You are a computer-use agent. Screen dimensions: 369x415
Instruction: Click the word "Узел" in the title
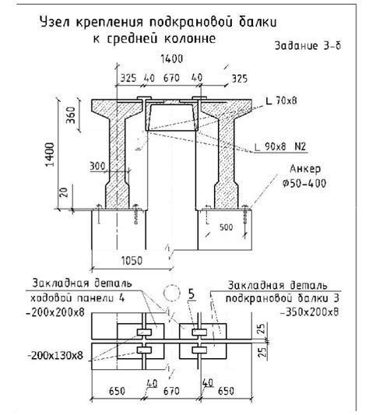[54, 22]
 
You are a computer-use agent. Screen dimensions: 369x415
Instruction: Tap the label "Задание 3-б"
[307, 46]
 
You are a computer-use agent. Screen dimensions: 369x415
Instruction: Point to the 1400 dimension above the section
[172, 58]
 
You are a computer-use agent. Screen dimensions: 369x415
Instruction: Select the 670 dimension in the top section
[171, 78]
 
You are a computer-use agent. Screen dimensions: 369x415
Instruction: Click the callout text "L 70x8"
[281, 100]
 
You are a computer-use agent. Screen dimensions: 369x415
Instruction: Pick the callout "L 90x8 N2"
[280, 146]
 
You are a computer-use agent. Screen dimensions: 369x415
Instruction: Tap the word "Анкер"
[305, 169]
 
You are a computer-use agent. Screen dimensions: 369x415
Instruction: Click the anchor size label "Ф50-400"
[304, 183]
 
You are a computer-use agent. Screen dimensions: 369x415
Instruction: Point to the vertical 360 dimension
[71, 115]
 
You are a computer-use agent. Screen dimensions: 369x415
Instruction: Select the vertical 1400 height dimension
[50, 155]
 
